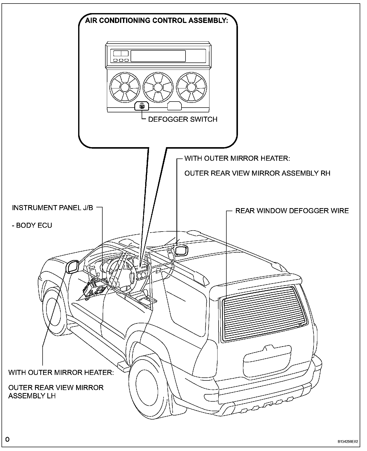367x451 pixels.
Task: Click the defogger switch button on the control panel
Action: pyautogui.click(x=142, y=106)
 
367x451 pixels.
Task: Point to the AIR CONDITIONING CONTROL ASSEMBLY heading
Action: pyautogui.click(x=156, y=20)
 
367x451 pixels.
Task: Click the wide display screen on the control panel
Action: pyautogui.click(x=158, y=56)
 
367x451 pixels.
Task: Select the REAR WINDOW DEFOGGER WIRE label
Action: pyautogui.click(x=292, y=211)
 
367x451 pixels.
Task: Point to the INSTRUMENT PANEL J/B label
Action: pyautogui.click(x=52, y=208)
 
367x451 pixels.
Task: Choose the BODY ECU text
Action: pyautogui.click(x=32, y=225)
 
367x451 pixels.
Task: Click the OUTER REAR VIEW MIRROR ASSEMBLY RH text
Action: pyautogui.click(x=257, y=173)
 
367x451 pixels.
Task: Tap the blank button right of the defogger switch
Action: pyautogui.click(x=174, y=106)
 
